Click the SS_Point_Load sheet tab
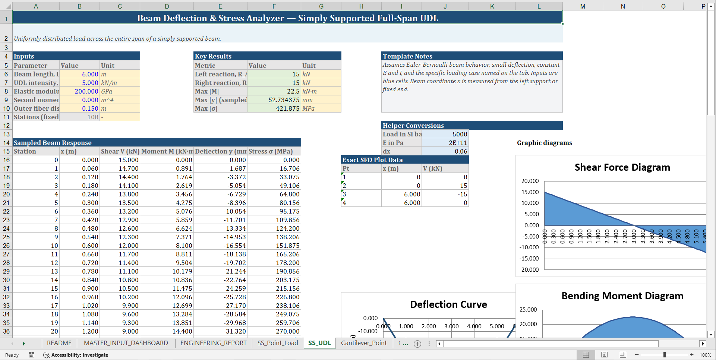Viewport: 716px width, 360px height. click(x=277, y=343)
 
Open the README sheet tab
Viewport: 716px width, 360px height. click(x=59, y=343)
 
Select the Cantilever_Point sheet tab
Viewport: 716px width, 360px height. click(x=363, y=343)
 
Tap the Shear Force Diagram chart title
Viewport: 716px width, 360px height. click(x=622, y=167)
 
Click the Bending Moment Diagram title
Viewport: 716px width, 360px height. click(x=622, y=296)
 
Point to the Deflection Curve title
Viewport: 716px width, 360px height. click(x=448, y=304)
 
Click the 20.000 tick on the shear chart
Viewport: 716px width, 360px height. click(x=530, y=181)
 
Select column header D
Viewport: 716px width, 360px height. click(x=167, y=6)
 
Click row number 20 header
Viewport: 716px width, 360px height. click(x=6, y=194)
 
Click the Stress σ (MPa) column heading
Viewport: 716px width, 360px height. click(x=271, y=151)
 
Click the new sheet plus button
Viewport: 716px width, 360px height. click(x=417, y=344)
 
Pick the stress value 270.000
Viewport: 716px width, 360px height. click(x=287, y=331)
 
